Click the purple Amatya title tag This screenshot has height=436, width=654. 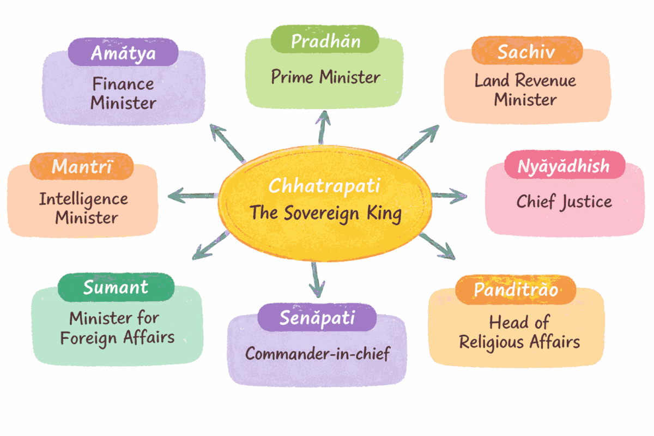(123, 53)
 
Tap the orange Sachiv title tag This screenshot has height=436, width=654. (526, 52)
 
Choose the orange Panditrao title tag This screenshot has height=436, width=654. (516, 290)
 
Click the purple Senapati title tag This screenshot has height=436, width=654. (317, 317)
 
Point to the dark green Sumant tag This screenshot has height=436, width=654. (116, 287)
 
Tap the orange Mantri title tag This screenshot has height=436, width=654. (82, 167)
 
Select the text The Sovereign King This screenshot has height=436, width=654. (325, 213)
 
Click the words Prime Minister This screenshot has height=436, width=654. (325, 77)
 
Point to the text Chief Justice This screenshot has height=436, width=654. (564, 202)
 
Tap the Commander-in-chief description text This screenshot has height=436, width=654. (317, 353)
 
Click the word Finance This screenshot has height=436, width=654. (123, 84)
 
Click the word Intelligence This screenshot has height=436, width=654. (83, 199)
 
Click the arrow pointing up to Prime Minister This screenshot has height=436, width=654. (324, 126)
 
